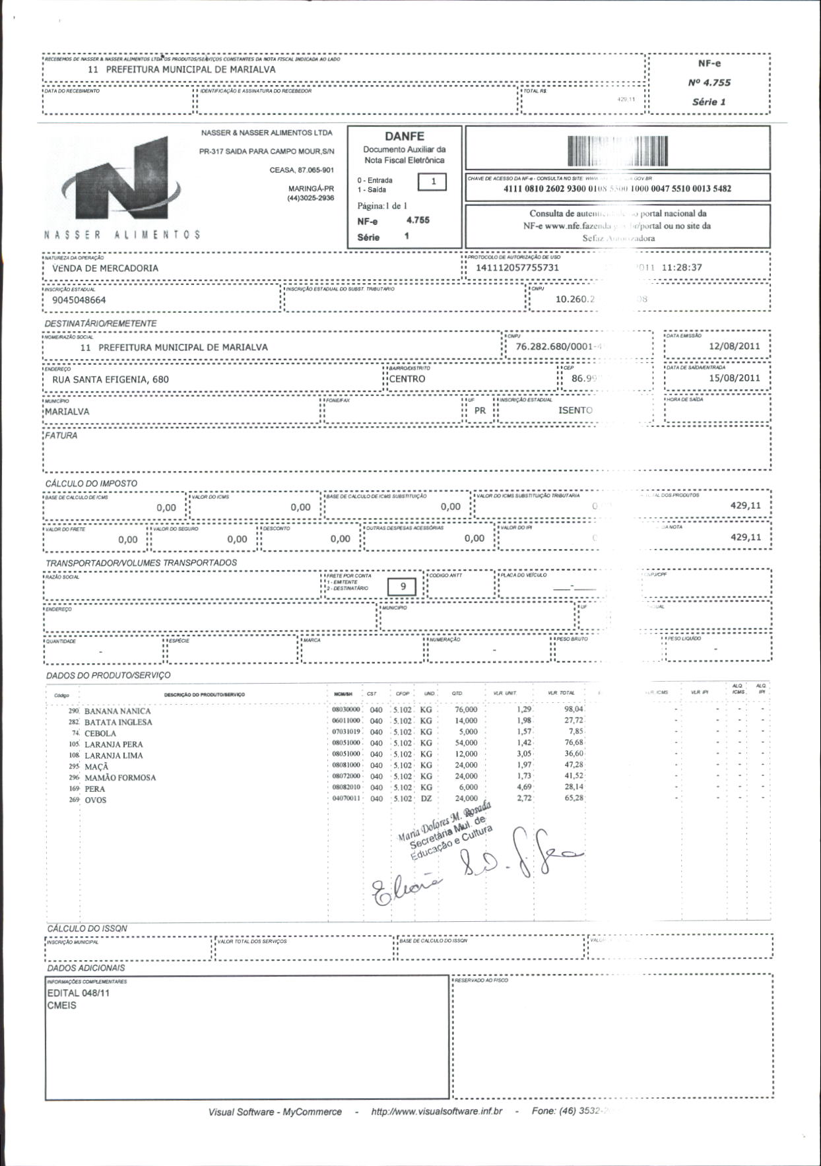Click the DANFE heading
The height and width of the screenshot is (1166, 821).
[x=404, y=137]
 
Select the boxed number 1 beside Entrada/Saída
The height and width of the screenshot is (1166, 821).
[x=433, y=181]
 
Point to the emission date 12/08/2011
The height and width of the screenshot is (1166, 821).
[x=734, y=346]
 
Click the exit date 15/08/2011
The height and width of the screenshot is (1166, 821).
[x=734, y=378]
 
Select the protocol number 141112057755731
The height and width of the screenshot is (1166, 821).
[x=517, y=268]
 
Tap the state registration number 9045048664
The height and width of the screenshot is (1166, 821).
[x=79, y=300]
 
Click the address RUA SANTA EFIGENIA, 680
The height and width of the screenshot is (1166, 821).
[x=110, y=379]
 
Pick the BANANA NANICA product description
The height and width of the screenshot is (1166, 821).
[x=117, y=711]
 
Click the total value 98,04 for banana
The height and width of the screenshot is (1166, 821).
[x=574, y=709]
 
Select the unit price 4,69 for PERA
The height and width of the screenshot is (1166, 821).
[x=523, y=787]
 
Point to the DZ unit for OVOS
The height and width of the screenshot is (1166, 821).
[x=426, y=798]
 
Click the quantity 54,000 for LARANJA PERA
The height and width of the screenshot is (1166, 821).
[x=466, y=743]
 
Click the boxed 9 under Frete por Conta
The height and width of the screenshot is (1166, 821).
[x=403, y=587]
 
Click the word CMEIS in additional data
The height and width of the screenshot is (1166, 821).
[x=62, y=1006]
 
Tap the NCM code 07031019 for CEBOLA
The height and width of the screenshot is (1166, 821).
[x=346, y=732]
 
